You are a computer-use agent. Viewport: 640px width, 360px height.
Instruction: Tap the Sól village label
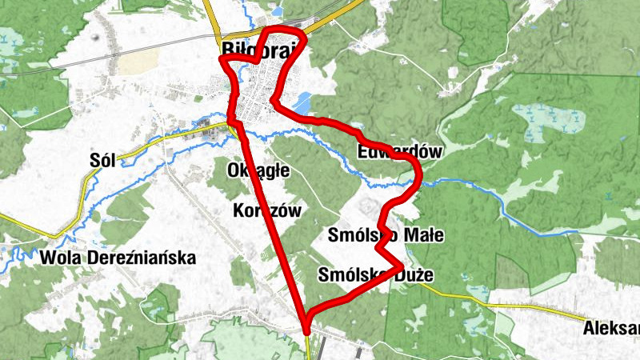click(105, 159)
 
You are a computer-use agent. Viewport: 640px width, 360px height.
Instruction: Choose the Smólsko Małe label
click(385, 234)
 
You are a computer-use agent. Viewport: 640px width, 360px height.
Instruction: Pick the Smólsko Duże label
click(375, 275)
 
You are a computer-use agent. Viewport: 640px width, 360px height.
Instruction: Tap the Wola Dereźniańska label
click(117, 258)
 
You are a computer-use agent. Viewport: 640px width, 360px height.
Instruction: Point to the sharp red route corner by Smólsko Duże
click(399, 265)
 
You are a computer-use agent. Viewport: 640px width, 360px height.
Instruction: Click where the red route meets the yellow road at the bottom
click(306, 323)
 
